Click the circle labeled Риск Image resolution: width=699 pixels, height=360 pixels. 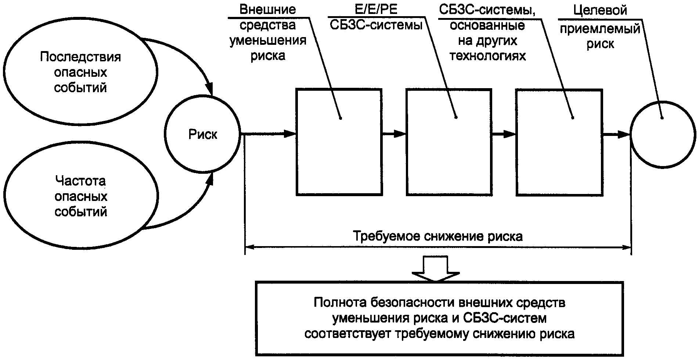[x=202, y=134]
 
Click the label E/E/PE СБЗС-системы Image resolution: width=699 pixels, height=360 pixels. [x=375, y=17]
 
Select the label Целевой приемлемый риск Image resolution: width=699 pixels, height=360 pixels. [x=600, y=27]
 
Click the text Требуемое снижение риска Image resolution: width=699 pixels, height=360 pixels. [x=437, y=236]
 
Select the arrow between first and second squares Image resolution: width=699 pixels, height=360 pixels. [x=394, y=134]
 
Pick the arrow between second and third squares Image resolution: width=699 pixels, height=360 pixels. [x=504, y=134]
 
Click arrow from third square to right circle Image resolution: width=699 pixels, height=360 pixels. [x=616, y=134]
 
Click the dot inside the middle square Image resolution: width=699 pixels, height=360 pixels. [x=456, y=118]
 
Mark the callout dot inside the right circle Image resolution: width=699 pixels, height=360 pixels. [x=662, y=118]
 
